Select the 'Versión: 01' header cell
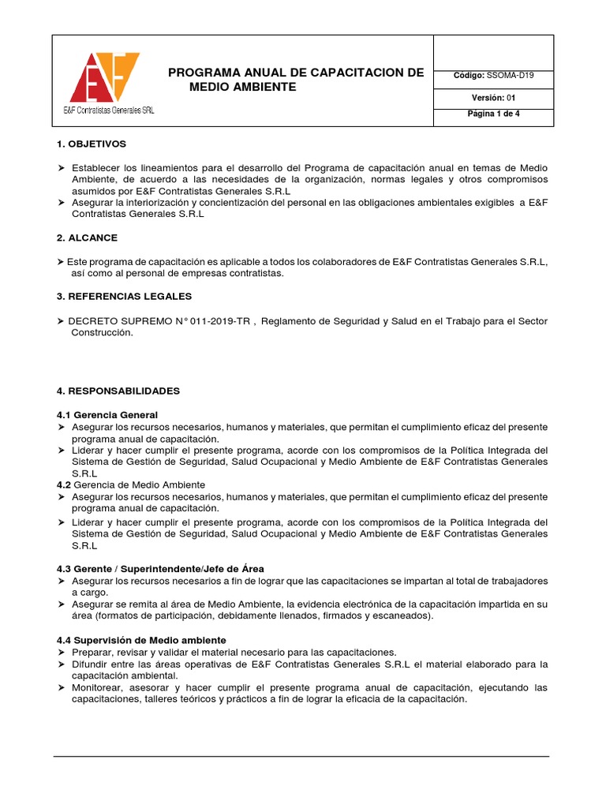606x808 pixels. click(x=493, y=99)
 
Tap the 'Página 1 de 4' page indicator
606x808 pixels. click(x=493, y=114)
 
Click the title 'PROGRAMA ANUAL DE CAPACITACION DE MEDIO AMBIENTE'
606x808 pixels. click(x=296, y=80)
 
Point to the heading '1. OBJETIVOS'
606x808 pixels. click(x=92, y=144)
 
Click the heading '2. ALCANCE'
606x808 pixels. click(x=88, y=238)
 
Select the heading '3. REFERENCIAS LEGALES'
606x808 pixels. click(x=125, y=297)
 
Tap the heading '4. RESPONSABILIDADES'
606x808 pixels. click(x=118, y=391)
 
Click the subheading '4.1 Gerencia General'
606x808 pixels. click(x=107, y=415)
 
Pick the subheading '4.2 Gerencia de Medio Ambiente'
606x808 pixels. click(x=131, y=484)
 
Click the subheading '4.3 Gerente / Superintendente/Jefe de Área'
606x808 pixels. click(x=160, y=569)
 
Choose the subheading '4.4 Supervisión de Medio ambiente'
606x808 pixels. click(x=141, y=640)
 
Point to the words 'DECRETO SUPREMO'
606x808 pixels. click(x=111, y=321)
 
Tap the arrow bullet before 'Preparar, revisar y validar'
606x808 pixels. click(x=62, y=653)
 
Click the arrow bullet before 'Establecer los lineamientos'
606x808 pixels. click(x=62, y=169)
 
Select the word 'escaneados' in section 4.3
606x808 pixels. click(x=398, y=615)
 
